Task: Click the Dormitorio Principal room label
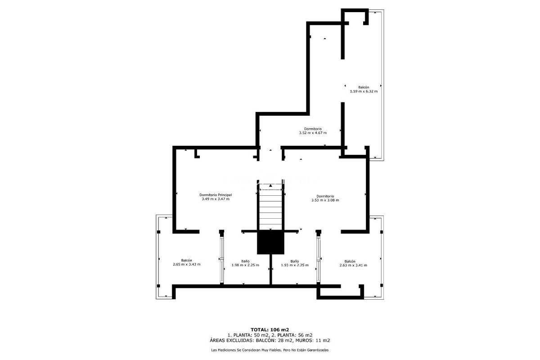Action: (216, 195)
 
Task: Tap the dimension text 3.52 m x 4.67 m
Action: (313, 133)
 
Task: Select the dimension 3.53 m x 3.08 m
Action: (325, 200)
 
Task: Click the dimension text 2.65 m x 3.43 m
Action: (186, 264)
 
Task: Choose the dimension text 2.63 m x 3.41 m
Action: (353, 265)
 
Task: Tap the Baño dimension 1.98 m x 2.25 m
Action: (245, 265)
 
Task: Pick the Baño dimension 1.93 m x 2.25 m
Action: (295, 265)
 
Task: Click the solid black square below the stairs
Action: (270, 242)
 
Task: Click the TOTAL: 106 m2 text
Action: (270, 329)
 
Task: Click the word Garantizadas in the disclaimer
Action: (318, 350)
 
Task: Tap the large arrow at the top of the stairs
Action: (270, 185)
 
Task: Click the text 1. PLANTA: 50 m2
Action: (248, 335)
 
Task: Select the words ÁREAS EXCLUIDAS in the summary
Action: (232, 341)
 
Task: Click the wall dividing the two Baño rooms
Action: (270, 270)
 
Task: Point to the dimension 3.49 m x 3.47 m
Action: (216, 199)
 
